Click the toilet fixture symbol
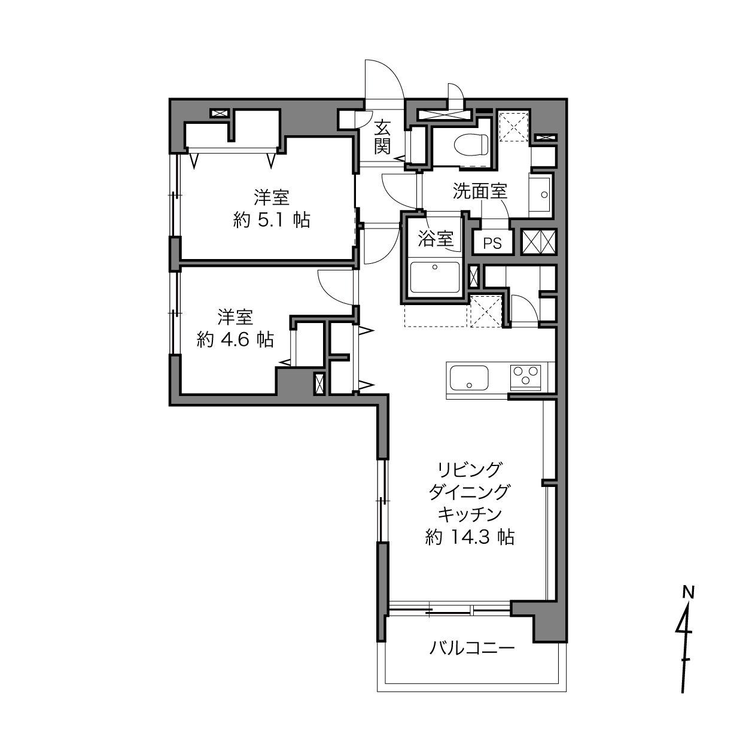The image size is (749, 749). pyautogui.click(x=471, y=144)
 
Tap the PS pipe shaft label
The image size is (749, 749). pyautogui.click(x=492, y=243)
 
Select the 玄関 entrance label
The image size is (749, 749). pyautogui.click(x=382, y=137)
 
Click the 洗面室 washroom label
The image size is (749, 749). pyautogui.click(x=480, y=191)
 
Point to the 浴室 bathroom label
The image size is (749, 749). pyautogui.click(x=436, y=239)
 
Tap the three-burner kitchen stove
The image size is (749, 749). pyautogui.click(x=525, y=377)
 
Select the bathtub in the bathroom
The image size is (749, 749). pyautogui.click(x=435, y=277)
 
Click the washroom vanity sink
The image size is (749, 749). pyautogui.click(x=541, y=194)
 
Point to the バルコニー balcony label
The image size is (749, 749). pyautogui.click(x=472, y=648)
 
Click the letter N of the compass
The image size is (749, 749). pyautogui.click(x=689, y=592)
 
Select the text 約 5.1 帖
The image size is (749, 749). pyautogui.click(x=272, y=221)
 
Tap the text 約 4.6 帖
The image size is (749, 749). pyautogui.click(x=236, y=340)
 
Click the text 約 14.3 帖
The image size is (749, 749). pyautogui.click(x=470, y=538)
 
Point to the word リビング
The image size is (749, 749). pyautogui.click(x=470, y=470)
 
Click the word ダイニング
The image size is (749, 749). pyautogui.click(x=469, y=492)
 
